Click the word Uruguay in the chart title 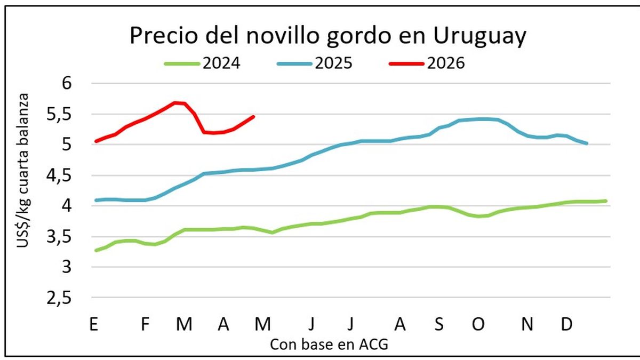tap(481, 36)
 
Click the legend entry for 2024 tap(203, 63)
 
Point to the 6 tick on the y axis tap(75, 84)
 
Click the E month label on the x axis tap(93, 324)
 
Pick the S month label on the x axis tap(438, 324)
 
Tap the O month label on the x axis tap(478, 324)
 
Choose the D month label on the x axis tap(566, 324)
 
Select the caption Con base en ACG tap(329, 345)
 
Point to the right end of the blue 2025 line tap(587, 143)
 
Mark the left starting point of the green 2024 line tap(95, 250)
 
